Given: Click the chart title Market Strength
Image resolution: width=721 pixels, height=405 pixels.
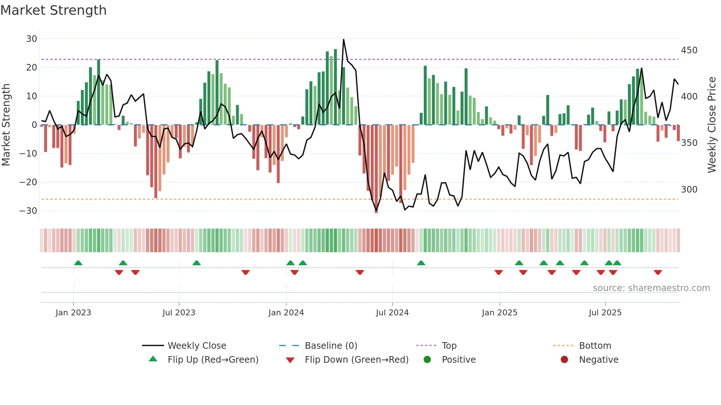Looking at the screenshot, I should pos(53,10).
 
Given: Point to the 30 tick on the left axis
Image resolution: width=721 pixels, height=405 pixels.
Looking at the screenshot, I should pos(32,39).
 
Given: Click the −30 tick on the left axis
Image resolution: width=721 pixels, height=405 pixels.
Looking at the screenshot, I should pos(28,211).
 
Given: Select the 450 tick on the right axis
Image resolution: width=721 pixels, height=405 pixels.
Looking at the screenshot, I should pos(689,50).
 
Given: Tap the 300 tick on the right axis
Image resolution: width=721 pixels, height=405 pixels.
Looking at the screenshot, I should pos(689,190).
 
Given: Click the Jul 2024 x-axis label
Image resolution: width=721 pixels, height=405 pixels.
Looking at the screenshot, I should pos(392,313).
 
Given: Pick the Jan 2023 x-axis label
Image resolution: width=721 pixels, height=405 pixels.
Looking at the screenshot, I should pos(73,313).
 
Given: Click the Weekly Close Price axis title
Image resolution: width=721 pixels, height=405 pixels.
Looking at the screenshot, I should pos(712,125).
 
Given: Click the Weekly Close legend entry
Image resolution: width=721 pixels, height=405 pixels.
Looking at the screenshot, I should pos(197,346).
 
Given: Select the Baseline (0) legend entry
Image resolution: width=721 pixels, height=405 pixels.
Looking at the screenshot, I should pos(331,346).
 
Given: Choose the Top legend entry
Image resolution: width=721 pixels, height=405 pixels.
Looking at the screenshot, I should pos(449,346).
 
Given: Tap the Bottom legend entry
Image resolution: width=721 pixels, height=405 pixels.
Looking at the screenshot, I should pos(595,346).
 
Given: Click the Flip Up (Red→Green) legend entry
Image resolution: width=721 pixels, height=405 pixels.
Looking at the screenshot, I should pos(213,360).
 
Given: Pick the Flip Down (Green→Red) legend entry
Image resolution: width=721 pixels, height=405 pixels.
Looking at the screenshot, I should pos(356,360).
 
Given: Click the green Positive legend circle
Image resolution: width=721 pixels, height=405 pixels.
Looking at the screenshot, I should pos(427,360).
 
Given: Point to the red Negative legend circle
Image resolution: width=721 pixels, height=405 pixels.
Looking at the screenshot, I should pos(564,360).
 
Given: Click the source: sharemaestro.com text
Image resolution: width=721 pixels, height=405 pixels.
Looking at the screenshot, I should pos(651,288).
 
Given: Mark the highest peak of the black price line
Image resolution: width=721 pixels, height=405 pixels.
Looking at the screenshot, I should pos(344,40).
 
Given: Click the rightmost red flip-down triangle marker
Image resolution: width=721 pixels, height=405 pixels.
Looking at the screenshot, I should pos(658,272).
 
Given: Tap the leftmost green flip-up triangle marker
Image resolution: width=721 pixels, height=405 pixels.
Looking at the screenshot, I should pos(78,263).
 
